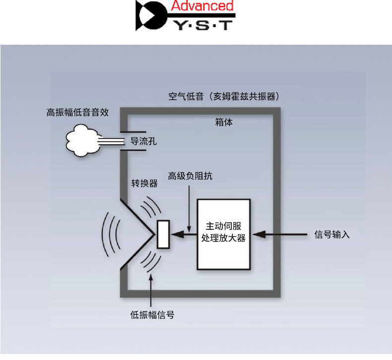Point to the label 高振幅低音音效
[x=77, y=112]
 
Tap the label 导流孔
[x=143, y=141]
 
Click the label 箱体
[x=224, y=122]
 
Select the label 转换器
[x=144, y=183]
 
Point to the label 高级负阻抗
[x=191, y=176]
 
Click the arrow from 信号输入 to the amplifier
[x=278, y=233]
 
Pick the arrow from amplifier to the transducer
[x=184, y=233]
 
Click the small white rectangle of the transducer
[x=163, y=234]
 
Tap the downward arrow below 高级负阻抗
[x=189, y=209]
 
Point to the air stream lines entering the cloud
[x=109, y=143]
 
